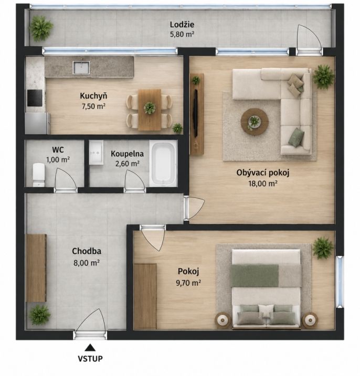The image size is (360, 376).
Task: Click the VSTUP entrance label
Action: point(90,359)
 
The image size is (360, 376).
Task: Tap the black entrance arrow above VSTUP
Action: point(90,348)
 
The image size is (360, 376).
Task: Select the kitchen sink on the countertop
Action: point(81,67)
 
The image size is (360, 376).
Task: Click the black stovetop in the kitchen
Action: point(35,98)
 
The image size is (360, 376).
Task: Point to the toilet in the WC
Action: point(39,175)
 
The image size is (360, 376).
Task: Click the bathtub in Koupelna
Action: point(163,163)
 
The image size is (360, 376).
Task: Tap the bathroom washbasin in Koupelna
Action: point(96,153)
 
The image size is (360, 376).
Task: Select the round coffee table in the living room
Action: point(255,122)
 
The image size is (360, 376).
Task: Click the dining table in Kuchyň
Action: point(150,110)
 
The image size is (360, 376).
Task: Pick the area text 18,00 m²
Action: point(263,184)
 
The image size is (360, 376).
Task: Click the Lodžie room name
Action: point(182,25)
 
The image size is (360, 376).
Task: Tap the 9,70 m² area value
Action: point(188,283)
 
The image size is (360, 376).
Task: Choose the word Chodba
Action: point(87,251)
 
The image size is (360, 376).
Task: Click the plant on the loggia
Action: point(41,28)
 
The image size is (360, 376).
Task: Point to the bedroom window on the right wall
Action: point(340,282)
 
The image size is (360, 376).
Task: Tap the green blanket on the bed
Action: point(255,275)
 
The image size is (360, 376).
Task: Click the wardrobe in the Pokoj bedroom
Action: point(145,296)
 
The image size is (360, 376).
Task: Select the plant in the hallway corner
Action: point(39,315)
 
